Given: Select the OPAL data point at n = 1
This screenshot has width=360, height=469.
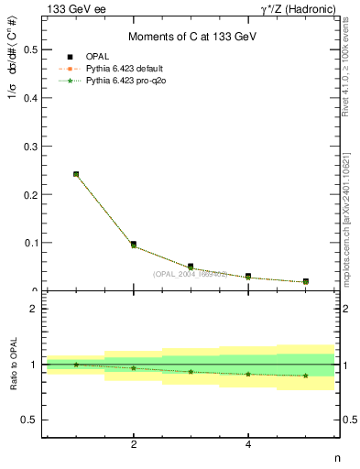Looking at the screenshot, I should (x=76, y=174).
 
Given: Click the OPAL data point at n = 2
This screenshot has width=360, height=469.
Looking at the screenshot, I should (x=134, y=245).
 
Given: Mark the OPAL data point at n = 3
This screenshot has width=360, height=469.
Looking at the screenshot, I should (x=191, y=267).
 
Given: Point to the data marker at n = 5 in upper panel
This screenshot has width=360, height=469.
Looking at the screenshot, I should (x=305, y=281).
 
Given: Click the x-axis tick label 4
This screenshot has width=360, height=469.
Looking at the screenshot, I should (x=248, y=445).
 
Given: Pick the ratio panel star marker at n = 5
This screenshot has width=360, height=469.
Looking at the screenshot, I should (x=305, y=375).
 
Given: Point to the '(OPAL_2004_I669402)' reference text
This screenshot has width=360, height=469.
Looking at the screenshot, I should (x=189, y=274).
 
